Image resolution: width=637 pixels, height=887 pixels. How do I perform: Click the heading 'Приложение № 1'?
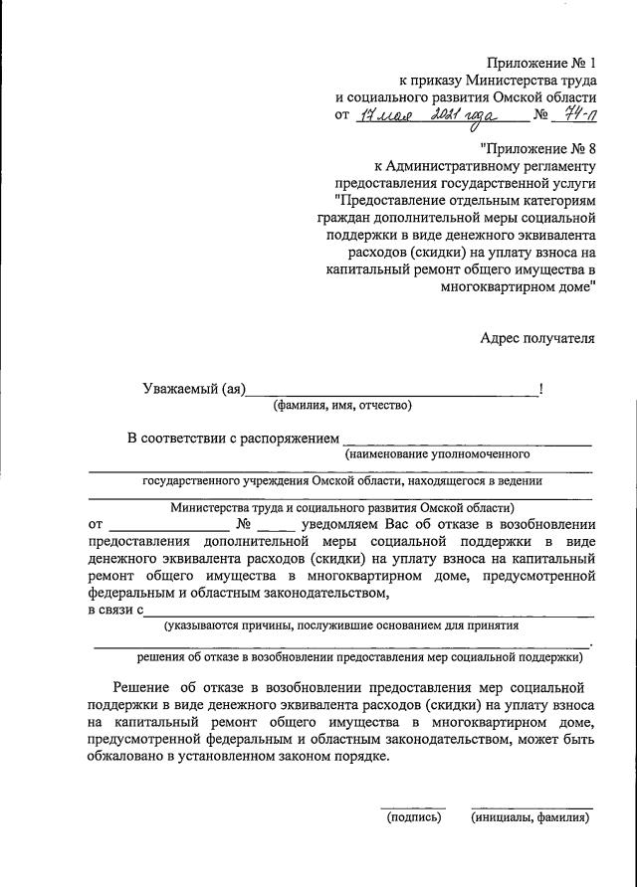pyautogui.click(x=539, y=64)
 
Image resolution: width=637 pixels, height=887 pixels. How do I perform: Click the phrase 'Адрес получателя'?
pyautogui.click(x=537, y=337)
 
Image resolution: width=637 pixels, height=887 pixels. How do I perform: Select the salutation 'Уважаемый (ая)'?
pyautogui.click(x=193, y=389)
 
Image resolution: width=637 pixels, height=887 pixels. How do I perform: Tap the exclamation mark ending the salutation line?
pyautogui.click(x=540, y=389)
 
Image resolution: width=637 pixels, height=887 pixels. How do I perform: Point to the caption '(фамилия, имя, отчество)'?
pyautogui.click(x=342, y=406)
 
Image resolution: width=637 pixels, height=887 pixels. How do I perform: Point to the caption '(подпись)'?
pyautogui.click(x=413, y=817)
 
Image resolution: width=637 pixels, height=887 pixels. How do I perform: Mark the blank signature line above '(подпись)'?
pyautogui.click(x=413, y=806)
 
